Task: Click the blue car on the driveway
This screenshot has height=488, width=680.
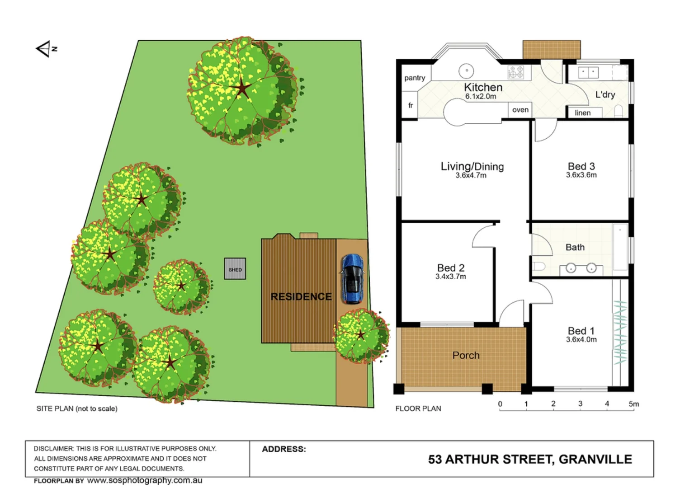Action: tap(352, 278)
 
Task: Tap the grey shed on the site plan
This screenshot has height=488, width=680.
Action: tap(235, 269)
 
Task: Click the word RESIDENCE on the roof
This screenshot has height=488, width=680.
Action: tap(301, 296)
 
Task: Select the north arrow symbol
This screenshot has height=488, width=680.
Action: tap(45, 49)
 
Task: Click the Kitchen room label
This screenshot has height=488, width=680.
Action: tap(483, 87)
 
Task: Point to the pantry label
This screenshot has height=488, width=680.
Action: tap(415, 78)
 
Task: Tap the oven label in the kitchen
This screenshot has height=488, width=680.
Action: tap(520, 110)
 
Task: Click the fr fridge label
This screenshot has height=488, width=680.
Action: tap(411, 105)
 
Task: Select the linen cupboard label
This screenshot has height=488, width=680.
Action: tap(583, 113)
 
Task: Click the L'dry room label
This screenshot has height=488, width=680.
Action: tap(605, 94)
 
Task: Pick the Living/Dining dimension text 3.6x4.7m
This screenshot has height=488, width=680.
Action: tap(471, 175)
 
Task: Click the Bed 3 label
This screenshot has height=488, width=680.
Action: tap(581, 166)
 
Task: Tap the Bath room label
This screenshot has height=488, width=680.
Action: tap(575, 247)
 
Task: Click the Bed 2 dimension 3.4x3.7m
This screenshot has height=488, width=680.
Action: tap(451, 277)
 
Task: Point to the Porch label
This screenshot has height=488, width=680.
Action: tap(466, 355)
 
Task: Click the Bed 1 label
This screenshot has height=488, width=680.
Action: tap(581, 331)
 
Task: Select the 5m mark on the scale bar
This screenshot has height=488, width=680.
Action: tap(633, 404)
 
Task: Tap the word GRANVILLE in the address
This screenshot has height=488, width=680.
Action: tap(595, 460)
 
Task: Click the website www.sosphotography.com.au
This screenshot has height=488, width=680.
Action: tap(145, 480)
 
